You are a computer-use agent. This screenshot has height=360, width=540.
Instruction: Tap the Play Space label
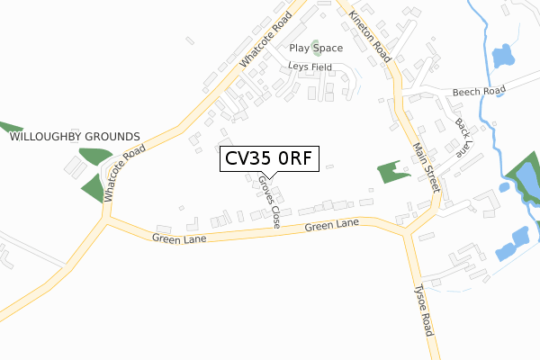coord(316,48)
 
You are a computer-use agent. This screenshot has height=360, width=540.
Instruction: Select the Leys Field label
coord(310,67)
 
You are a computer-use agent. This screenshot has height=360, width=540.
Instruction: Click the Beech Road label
coord(478,91)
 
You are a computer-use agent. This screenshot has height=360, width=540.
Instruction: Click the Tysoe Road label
coord(424,310)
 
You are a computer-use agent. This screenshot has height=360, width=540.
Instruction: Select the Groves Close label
coord(268,201)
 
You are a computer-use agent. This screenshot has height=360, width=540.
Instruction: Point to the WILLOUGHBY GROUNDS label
coord(75,136)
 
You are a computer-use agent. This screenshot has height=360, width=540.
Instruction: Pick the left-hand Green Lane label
coord(179,238)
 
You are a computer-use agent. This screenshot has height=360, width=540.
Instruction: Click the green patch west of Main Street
coord(391,171)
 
